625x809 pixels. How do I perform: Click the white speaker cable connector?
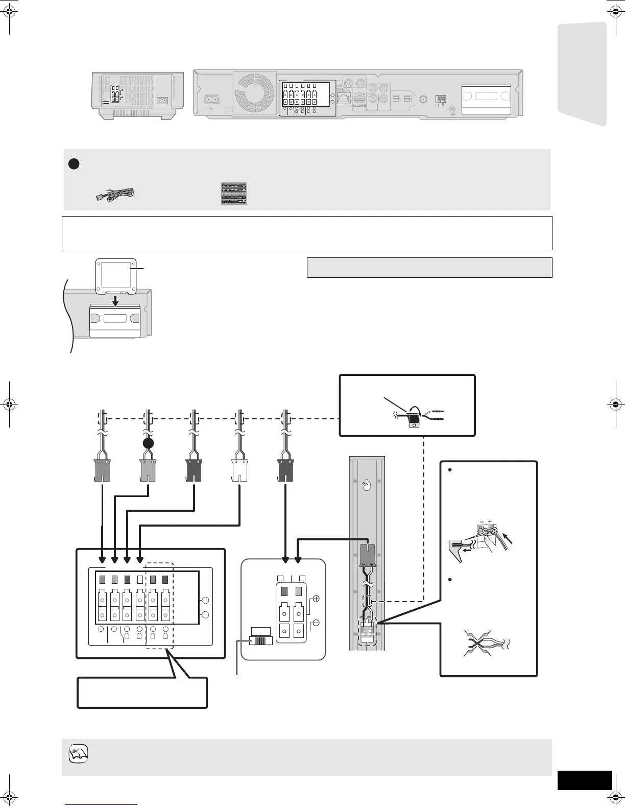pos(239,470)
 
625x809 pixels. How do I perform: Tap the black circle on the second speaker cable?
pos(148,443)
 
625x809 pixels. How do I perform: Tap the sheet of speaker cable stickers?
pos(234,194)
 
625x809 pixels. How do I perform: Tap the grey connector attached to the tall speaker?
pos(368,556)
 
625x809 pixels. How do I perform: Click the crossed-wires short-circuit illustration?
pos(481,645)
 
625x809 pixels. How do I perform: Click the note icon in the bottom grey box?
pos(79,753)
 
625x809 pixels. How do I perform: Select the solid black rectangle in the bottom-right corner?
pos(584,780)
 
